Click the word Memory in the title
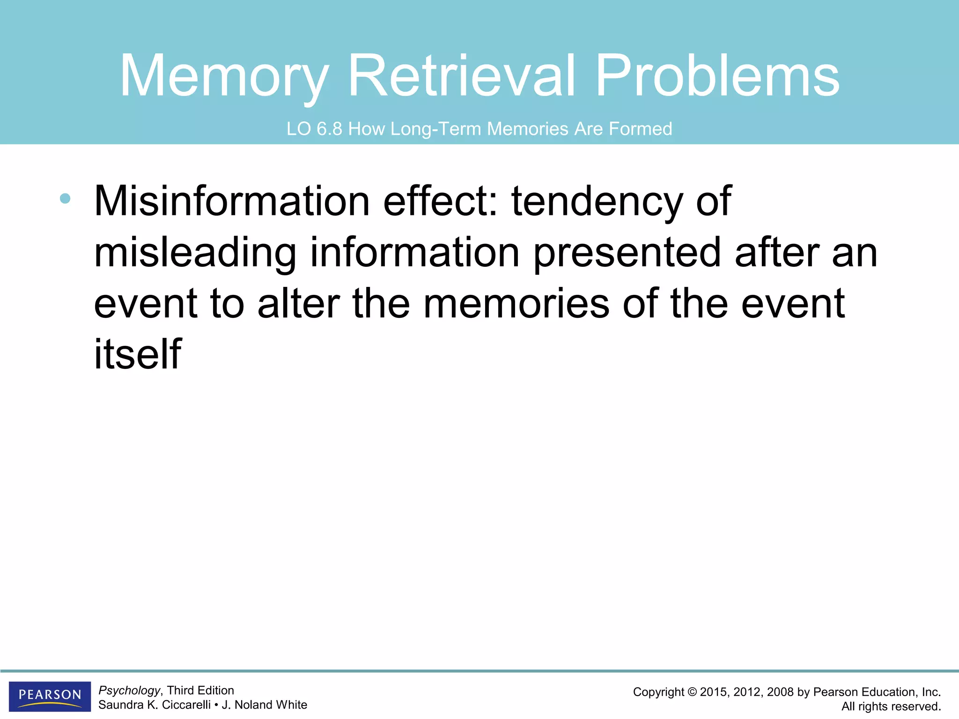[x=224, y=76]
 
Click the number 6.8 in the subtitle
[x=330, y=129]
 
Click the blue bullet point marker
[x=65, y=198]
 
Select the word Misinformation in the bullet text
[x=232, y=201]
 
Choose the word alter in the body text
[x=298, y=304]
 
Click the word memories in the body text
[x=516, y=304]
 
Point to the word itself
[x=138, y=354]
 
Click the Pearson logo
[x=50, y=696]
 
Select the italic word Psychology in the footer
[x=129, y=690]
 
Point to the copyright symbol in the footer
[x=692, y=692]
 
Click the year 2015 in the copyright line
[x=714, y=692]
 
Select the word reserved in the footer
[x=917, y=706]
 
